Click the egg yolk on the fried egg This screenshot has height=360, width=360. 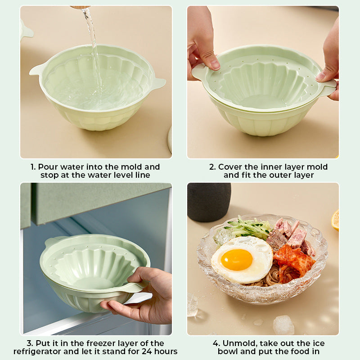point(237,260)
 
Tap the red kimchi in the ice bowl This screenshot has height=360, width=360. point(293,262)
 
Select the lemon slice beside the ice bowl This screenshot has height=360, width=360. point(335,220)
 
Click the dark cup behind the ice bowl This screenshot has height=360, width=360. point(209,202)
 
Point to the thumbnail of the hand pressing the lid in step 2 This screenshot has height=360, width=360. point(215,65)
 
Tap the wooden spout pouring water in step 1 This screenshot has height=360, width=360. point(81,7)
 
